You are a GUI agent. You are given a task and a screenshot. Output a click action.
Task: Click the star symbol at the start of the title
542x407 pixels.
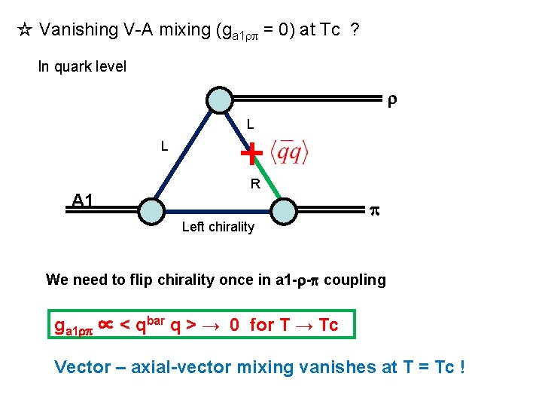(24, 31)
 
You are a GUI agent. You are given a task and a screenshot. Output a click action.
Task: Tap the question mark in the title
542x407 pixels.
(354, 30)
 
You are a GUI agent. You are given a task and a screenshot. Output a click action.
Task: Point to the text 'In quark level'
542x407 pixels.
(82, 66)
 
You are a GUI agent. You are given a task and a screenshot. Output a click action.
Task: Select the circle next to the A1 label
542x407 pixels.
(151, 211)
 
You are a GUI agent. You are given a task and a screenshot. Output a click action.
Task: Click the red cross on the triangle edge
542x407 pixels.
(251, 153)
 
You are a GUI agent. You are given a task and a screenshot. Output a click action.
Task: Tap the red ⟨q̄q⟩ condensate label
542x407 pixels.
(290, 152)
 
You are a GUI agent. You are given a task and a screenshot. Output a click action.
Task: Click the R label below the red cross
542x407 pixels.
(255, 183)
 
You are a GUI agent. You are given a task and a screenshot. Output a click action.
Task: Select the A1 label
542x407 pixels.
(83, 200)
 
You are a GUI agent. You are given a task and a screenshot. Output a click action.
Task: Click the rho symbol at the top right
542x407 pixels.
(391, 99)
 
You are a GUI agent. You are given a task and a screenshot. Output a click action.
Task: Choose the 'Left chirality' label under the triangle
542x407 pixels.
(218, 227)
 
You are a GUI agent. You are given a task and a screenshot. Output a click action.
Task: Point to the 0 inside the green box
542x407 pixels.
(235, 326)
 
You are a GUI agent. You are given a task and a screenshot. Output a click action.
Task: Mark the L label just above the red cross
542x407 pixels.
(251, 123)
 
